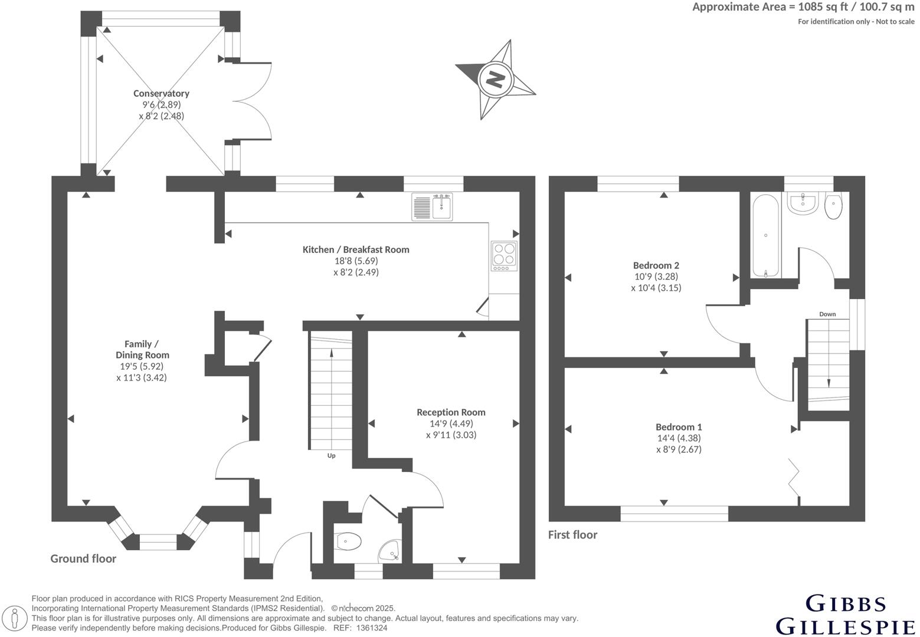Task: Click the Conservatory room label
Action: coord(161,93)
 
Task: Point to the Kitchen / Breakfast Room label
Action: coord(356,249)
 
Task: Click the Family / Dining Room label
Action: coord(142,349)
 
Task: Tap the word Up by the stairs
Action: coord(331,455)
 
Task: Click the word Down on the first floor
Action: coord(827,314)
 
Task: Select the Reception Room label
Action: coord(451,412)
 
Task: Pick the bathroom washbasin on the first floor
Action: coord(802,203)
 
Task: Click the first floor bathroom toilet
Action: coord(833,206)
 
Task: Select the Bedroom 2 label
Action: coord(656,265)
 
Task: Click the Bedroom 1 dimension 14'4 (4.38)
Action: coord(679,438)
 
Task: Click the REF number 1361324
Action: coord(371,628)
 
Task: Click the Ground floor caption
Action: coord(83,559)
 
